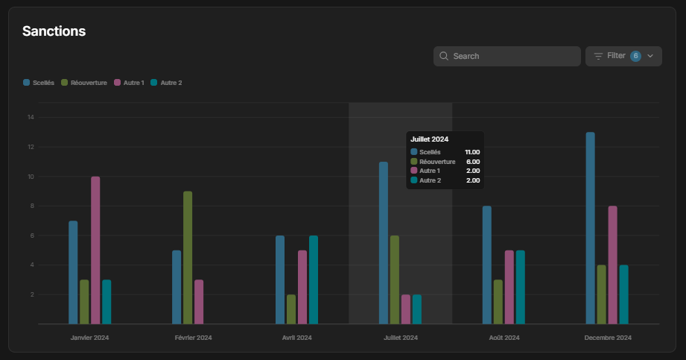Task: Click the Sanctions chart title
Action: coord(54,31)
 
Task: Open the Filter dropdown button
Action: coord(623,56)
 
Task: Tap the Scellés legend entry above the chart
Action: coord(39,83)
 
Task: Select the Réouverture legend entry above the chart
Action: coord(84,83)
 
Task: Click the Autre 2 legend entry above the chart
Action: coord(166,83)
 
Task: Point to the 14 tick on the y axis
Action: coord(31,117)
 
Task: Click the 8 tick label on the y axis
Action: coord(32,206)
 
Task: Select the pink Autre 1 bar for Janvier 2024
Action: coord(95,250)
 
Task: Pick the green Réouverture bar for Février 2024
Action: coord(188,258)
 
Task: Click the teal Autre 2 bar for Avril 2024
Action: coord(314,280)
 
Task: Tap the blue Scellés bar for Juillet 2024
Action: coord(384,243)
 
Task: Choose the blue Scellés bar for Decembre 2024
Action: coord(591,228)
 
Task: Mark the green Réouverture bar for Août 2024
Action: coord(498,302)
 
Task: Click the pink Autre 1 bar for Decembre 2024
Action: coord(613,265)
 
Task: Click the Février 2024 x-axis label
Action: coord(194,338)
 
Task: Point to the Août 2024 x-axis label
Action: coord(504,338)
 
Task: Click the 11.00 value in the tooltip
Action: coord(472,152)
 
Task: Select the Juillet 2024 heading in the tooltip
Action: coord(430,139)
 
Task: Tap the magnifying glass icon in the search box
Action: coord(444,56)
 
